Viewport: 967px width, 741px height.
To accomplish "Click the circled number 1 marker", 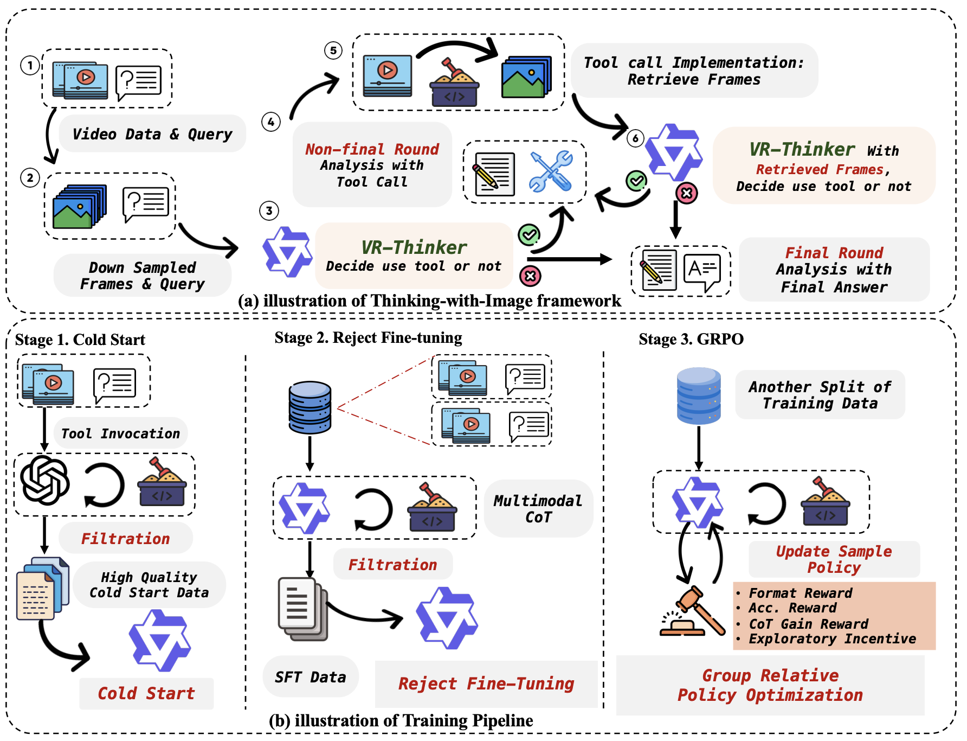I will (x=30, y=66).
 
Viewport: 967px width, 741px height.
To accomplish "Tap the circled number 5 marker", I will (x=333, y=50).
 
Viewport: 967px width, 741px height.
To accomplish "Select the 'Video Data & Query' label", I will (x=152, y=134).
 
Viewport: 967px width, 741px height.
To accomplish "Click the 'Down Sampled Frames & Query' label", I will (x=143, y=276).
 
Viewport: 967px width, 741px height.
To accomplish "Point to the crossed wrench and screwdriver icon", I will (x=551, y=171).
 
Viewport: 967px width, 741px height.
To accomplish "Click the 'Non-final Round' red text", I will (x=372, y=149).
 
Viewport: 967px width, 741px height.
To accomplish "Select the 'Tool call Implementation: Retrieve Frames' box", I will (x=694, y=71).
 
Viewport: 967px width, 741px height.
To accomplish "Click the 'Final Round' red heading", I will (x=834, y=253).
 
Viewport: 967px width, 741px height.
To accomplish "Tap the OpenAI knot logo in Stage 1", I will (x=45, y=480).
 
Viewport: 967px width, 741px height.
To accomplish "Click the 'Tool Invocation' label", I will (x=120, y=433).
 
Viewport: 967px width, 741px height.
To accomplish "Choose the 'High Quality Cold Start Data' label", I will (x=149, y=585).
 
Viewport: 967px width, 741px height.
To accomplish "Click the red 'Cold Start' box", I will (x=146, y=693).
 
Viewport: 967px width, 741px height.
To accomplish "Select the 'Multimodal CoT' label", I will (x=538, y=509).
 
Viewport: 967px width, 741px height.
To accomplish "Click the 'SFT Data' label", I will (x=310, y=677).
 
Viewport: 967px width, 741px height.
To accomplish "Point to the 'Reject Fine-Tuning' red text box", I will (x=486, y=683).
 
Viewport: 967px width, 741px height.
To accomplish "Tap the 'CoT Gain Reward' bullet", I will (x=808, y=624).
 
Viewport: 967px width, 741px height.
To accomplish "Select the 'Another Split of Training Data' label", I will (x=820, y=395).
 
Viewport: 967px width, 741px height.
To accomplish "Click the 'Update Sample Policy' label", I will (x=834, y=559).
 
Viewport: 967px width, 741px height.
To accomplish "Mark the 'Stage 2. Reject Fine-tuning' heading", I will (x=368, y=337).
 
